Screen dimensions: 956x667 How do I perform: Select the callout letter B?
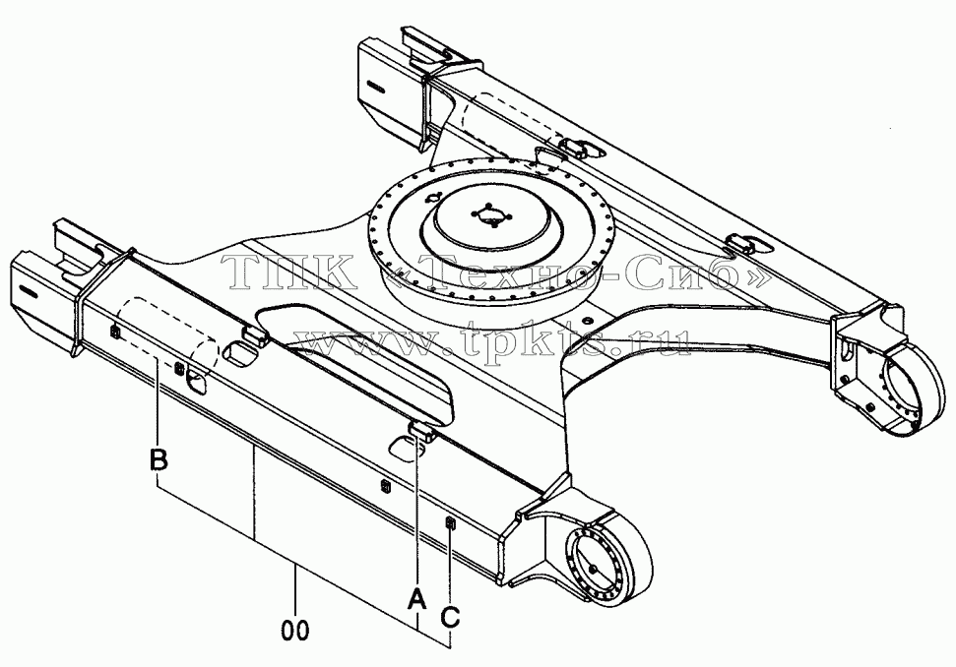(x=159, y=459)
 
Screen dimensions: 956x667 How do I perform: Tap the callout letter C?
(x=450, y=617)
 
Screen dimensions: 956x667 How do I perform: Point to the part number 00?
(x=295, y=631)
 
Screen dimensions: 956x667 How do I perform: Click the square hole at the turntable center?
(x=491, y=215)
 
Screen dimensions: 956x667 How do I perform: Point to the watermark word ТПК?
(x=287, y=272)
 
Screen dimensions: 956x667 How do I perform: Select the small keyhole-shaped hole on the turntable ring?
(x=435, y=197)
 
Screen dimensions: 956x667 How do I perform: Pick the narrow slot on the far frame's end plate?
(x=376, y=87)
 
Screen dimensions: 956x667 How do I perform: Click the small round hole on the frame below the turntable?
(x=587, y=319)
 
